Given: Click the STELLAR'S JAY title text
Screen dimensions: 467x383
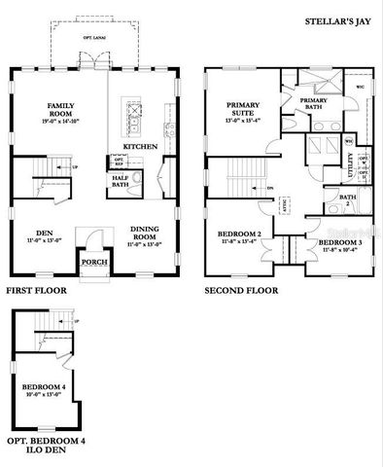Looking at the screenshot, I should click(x=342, y=18).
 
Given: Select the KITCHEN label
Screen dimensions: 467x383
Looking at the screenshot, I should click(x=139, y=147).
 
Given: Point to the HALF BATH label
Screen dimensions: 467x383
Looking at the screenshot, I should click(x=122, y=180).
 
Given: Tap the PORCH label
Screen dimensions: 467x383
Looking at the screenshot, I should click(x=93, y=263).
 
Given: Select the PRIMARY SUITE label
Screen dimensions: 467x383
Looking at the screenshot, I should click(x=242, y=108).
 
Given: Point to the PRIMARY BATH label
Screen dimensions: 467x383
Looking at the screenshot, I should click(x=313, y=104).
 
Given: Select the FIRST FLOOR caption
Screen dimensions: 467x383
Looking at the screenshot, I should click(x=36, y=290).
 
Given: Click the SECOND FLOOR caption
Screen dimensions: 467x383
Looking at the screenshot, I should click(x=240, y=290).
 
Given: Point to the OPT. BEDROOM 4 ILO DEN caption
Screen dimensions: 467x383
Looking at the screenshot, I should click(x=47, y=446).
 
